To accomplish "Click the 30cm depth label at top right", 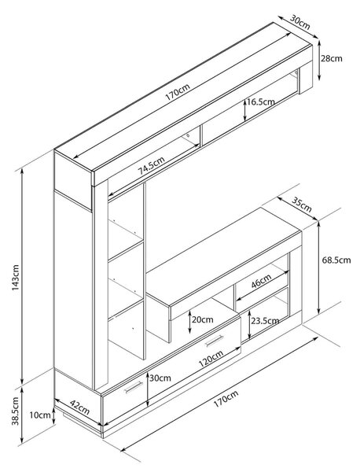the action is point(299,22).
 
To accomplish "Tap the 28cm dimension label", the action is point(331,58).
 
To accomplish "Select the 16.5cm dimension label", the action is point(261,101).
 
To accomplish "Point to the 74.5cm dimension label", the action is point(151,165).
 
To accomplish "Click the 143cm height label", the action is point(16,277).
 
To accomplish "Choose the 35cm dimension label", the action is point(302,205).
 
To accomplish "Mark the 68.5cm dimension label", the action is point(336,260).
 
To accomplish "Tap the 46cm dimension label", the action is point(261,281).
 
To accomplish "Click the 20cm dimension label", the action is point(203,319).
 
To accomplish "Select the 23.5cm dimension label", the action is point(265,321).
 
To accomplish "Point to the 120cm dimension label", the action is point(211,359).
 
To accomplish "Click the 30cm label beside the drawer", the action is point(160,378).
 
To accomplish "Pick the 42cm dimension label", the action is point(79,407).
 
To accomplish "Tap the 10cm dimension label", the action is point(40,415).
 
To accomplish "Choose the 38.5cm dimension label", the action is point(16,411).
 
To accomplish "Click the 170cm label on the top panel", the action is point(178,92).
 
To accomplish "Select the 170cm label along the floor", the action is point(226,399).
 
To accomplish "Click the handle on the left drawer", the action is point(134,387).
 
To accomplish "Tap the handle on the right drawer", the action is point(214,341).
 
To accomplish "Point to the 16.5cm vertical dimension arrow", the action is point(245,110).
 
